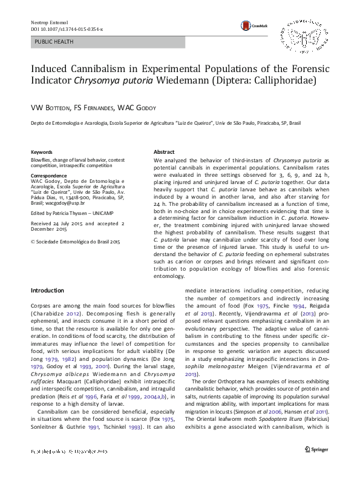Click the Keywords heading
point(41,152)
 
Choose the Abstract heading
point(164,152)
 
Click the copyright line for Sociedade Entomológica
point(76,241)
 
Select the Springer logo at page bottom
point(315,467)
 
